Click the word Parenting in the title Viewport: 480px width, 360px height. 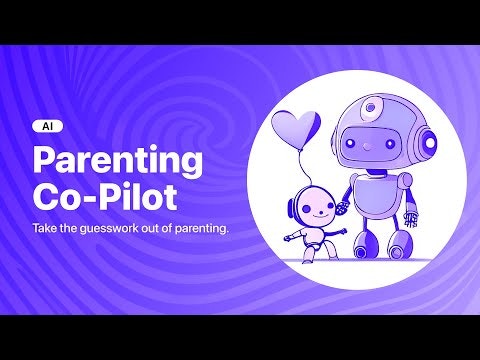[x=118, y=160]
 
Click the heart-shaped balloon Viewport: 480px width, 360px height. [x=296, y=129]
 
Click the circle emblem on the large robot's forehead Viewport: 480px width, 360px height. [x=372, y=104]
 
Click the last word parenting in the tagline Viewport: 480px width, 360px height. [x=200, y=228]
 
